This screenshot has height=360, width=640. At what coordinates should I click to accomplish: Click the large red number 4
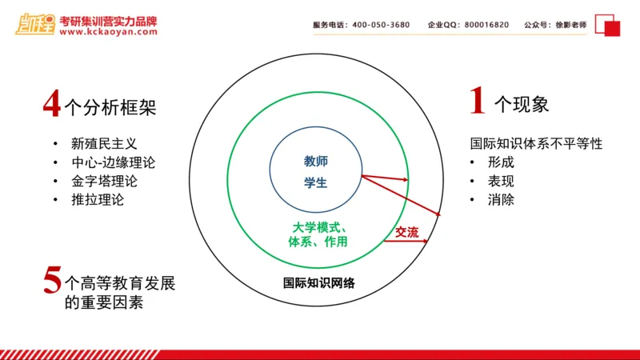click(52, 104)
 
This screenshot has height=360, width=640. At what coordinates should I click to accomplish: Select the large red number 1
click(478, 102)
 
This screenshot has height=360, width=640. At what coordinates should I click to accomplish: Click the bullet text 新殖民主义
click(104, 144)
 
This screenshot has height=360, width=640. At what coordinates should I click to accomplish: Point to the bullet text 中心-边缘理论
click(113, 162)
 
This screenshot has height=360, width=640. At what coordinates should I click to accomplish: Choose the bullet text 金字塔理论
click(104, 181)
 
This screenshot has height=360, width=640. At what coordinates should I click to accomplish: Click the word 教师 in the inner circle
click(316, 162)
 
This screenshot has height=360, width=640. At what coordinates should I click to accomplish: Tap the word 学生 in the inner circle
click(316, 182)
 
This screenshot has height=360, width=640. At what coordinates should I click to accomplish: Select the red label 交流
click(406, 232)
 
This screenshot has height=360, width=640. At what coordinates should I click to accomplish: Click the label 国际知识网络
click(319, 283)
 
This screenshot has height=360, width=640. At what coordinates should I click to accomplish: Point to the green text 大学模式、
click(319, 226)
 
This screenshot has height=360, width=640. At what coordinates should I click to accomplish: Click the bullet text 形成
click(501, 162)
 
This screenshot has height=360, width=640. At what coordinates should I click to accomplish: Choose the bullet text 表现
click(501, 181)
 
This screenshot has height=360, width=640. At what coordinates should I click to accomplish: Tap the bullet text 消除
click(501, 199)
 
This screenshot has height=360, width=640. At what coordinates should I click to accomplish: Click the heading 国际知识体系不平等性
click(535, 144)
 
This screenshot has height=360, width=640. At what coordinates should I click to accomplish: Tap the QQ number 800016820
click(480, 25)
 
